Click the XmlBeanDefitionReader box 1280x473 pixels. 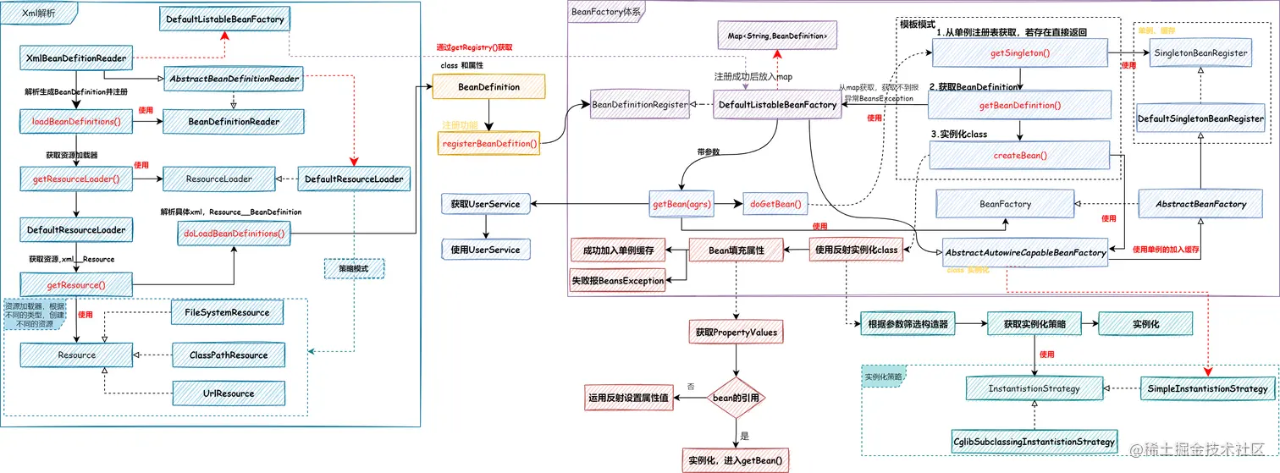coord(77,58)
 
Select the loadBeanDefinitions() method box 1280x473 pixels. coord(77,121)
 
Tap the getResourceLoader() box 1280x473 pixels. coord(77,179)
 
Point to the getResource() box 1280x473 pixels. coord(77,285)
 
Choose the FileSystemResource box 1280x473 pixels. coord(227,312)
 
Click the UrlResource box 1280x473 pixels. coord(227,393)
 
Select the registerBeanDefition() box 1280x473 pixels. coord(490,143)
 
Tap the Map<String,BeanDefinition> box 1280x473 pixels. coord(777,36)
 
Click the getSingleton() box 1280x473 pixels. coord(1019,52)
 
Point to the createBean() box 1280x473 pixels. coord(1019,156)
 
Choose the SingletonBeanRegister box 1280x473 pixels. coord(1200,52)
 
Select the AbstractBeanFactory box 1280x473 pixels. coord(1200,204)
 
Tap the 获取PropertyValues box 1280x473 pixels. coord(736,333)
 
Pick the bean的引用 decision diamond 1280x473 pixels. coord(736,397)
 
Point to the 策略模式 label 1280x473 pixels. coord(354,268)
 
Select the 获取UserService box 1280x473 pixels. coord(485,204)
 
